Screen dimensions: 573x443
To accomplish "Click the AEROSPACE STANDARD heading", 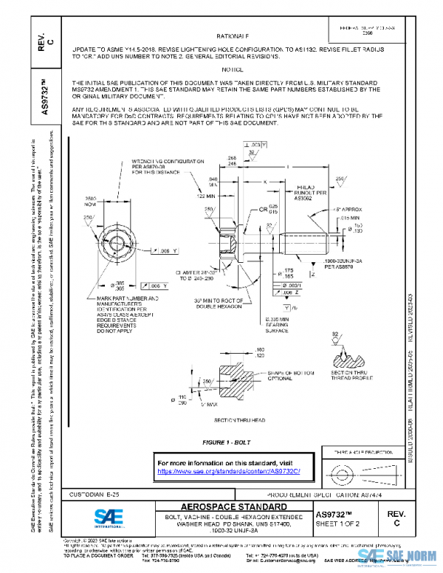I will [x=236, y=507].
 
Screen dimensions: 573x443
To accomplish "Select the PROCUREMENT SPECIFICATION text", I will [x=312, y=494].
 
